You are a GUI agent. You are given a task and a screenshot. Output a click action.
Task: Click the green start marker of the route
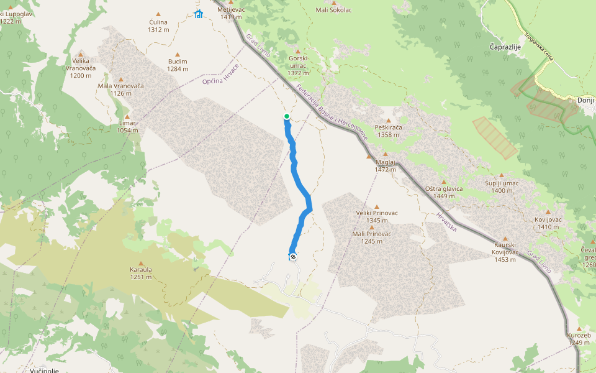pyautogui.click(x=287, y=116)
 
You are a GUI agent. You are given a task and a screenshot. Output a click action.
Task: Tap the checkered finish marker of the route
pyautogui.click(x=292, y=256)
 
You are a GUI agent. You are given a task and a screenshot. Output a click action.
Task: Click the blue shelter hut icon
pyautogui.click(x=198, y=14)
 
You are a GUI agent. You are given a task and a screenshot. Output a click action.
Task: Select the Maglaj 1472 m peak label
pyautogui.click(x=385, y=165)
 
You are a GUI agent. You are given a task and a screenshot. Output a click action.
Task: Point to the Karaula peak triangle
pyautogui.click(x=141, y=264)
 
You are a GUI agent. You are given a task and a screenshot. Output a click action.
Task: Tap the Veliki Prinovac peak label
pyautogui.click(x=377, y=213)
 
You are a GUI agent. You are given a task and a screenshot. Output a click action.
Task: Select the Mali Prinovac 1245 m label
pyautogui.click(x=372, y=237)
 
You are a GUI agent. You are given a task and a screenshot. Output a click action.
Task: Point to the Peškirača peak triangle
pyautogui.click(x=389, y=121)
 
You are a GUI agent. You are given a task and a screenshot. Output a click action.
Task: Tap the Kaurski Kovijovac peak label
pyautogui.click(x=505, y=256)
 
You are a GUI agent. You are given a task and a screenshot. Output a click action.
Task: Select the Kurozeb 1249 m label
pyautogui.click(x=579, y=339)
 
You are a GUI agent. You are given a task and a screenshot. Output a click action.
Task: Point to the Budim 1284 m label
pyautogui.click(x=178, y=65)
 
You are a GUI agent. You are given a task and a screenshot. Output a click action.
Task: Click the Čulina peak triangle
pyautogui.click(x=158, y=14)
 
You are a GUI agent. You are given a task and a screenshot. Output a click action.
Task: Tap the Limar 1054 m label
pyautogui.click(x=127, y=127)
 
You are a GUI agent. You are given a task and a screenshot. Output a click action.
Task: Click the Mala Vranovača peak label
pyautogui.click(x=120, y=90)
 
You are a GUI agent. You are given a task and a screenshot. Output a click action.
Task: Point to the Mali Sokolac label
pyautogui.click(x=333, y=10)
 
